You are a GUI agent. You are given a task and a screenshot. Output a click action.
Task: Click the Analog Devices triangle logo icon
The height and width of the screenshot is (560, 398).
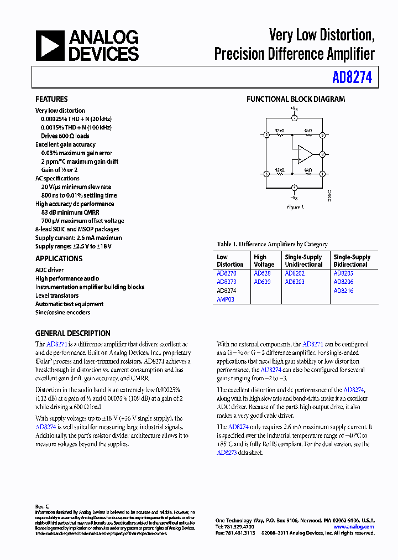[49, 45]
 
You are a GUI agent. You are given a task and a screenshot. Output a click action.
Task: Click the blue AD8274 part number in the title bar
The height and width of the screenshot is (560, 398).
[352, 78]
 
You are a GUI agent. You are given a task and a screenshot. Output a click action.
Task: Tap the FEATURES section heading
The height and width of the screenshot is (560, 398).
[51, 99]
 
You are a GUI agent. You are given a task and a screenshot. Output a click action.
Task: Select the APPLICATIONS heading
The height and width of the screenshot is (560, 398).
[59, 258]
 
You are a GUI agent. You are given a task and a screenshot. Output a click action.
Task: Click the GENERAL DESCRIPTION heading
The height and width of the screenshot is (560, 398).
[72, 333]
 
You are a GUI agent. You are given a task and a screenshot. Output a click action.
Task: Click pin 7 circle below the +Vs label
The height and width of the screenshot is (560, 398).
[295, 118]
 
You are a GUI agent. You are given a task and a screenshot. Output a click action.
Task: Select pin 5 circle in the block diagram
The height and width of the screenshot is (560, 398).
[323, 134]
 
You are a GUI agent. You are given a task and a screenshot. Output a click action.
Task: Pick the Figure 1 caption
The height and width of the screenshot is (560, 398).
[295, 207]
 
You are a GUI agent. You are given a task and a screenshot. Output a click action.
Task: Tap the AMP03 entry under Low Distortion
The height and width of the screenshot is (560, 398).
[226, 299]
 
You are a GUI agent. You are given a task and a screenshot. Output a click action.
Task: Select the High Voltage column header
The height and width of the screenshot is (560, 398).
[260, 261]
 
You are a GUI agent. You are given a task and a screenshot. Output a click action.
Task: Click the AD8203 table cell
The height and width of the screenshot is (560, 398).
[295, 282]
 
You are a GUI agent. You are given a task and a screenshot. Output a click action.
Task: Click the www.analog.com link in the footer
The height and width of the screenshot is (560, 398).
[354, 527]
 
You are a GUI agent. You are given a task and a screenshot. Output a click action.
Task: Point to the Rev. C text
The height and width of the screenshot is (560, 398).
[42, 507]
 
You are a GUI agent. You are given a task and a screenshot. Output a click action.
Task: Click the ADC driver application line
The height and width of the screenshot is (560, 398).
[49, 270]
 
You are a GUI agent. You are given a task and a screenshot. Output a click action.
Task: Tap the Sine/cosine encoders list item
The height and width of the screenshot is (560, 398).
[62, 312]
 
